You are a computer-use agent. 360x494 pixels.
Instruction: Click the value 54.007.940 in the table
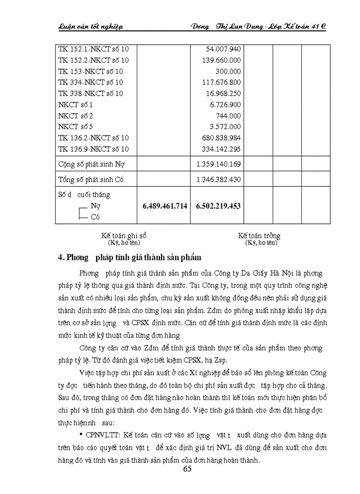220,49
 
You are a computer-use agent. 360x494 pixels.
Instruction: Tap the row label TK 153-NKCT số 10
91,71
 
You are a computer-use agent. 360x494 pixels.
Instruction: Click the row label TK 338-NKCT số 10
91,93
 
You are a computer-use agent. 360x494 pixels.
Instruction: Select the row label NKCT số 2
76,116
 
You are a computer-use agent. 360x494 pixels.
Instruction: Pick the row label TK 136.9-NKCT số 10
94,149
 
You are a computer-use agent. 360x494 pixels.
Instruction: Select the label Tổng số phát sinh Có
91,180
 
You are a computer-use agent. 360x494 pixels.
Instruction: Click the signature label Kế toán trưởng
259,235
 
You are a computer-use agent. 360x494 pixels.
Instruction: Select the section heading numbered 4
130,257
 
